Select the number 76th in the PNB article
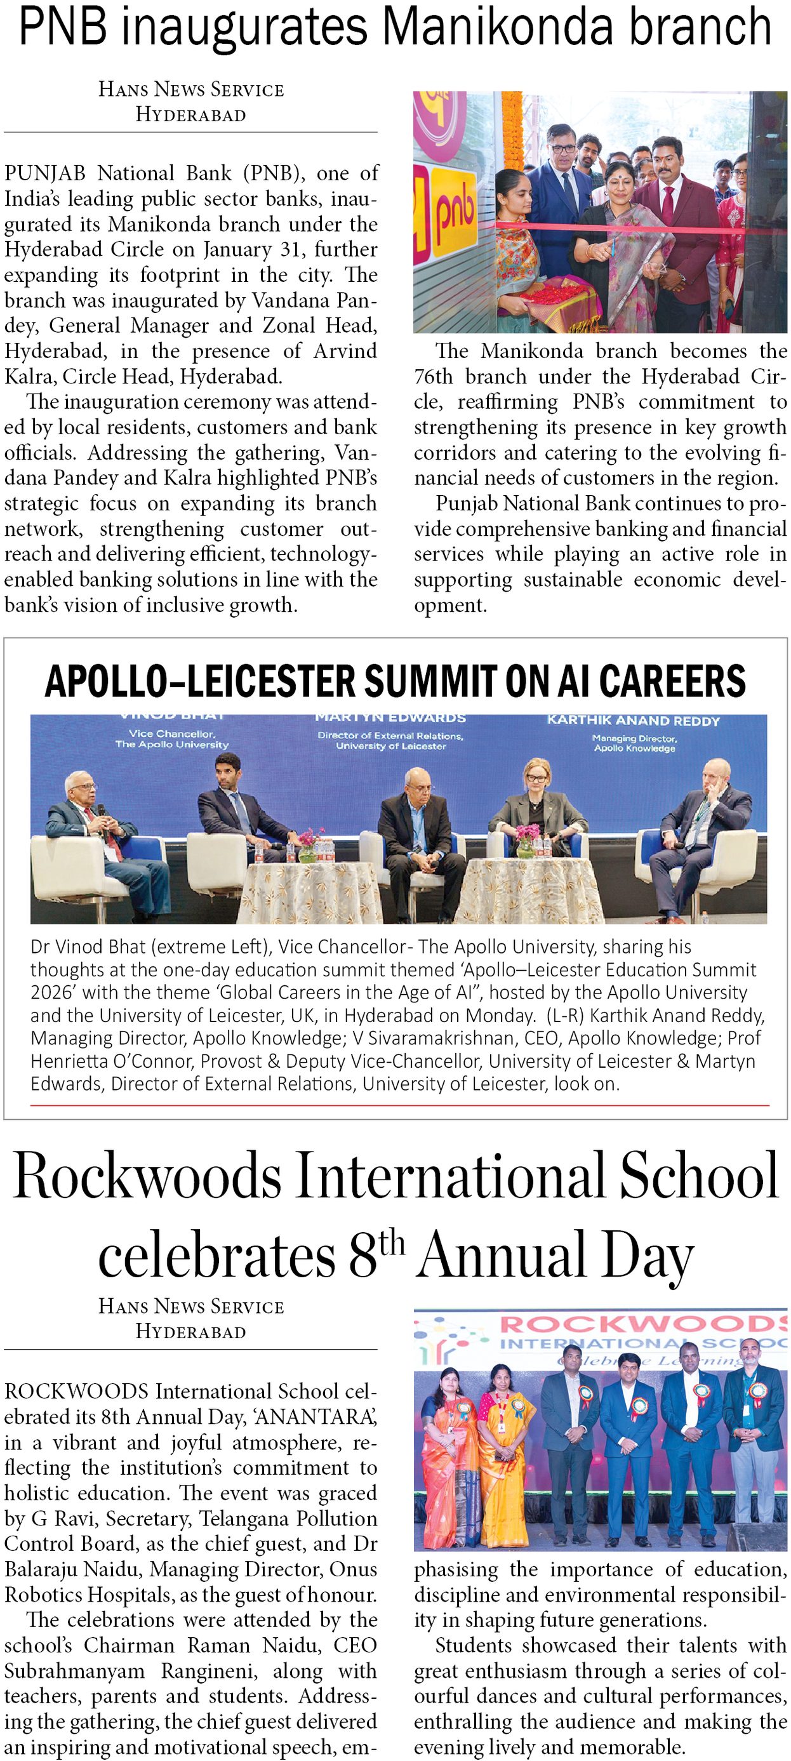(433, 376)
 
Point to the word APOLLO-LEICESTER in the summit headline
(201, 681)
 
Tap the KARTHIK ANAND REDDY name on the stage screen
(633, 721)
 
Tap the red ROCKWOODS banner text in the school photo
(642, 1324)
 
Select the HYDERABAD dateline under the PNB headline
(190, 115)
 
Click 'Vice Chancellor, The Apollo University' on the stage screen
(171, 739)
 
